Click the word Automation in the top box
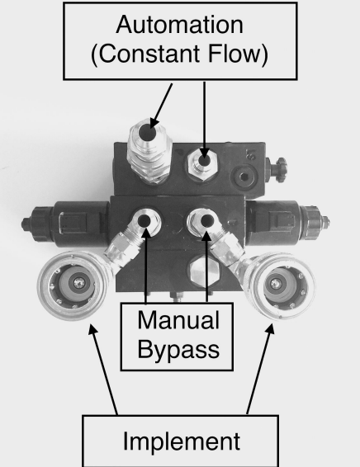tap(180, 25)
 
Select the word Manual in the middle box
tap(178, 320)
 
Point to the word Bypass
tap(178, 350)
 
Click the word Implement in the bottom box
tap(182, 441)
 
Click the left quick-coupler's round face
tap(73, 285)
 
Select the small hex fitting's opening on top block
tap(204, 161)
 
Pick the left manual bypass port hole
tap(144, 221)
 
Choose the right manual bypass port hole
tap(207, 221)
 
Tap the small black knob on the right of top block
tap(278, 169)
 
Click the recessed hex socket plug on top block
tap(244, 177)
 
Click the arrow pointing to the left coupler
tap(103, 370)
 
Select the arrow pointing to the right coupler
tap(260, 369)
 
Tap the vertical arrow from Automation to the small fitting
tap(204, 120)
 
